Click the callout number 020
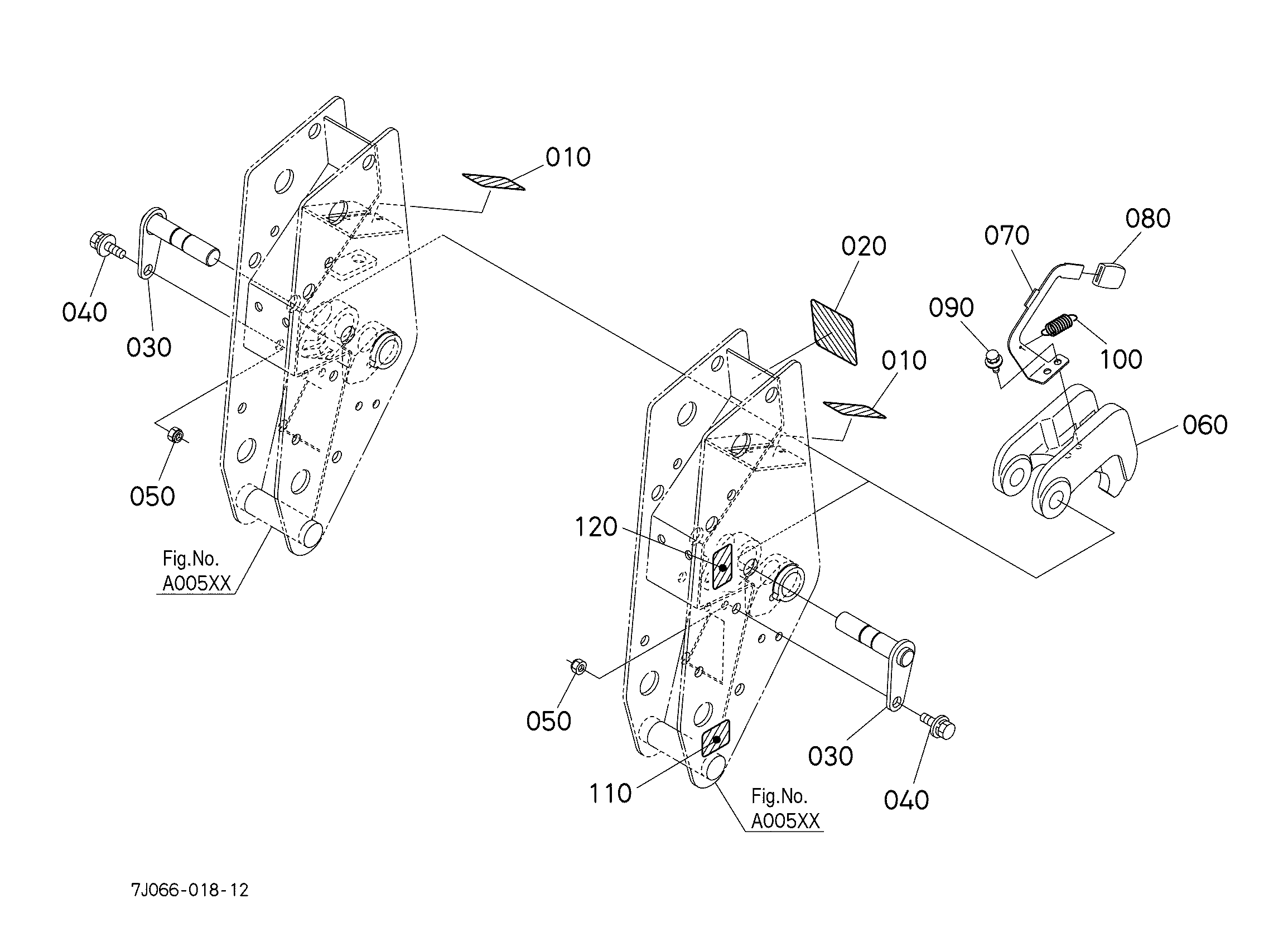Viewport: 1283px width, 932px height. pos(864,246)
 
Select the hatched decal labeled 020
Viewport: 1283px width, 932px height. pos(835,332)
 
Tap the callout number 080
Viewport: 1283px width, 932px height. pos(1147,218)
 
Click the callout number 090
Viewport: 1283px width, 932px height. pos(951,308)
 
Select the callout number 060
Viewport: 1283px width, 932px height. pos(1205,425)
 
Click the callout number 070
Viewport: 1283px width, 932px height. pos(1006,236)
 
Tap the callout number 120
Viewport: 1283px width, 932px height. pos(595,527)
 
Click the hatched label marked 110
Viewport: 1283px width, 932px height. pos(716,739)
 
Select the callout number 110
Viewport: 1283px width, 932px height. pos(610,794)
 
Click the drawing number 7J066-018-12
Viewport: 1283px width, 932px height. pos(190,890)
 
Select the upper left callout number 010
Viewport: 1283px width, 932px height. pos(567,157)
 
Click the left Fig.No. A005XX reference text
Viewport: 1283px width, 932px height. pos(196,571)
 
